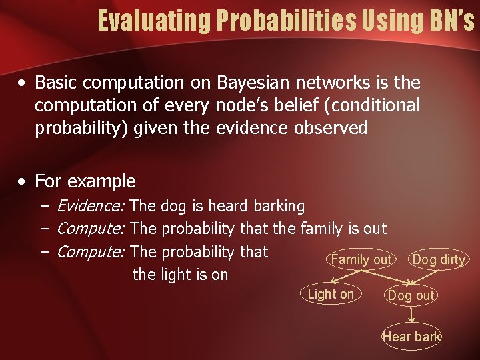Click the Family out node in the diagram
[x=361, y=259]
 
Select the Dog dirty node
[x=439, y=259]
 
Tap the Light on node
[x=331, y=294]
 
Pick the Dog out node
[x=411, y=295]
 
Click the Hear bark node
[x=411, y=337]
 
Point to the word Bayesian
[x=255, y=83]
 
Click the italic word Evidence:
[x=92, y=207]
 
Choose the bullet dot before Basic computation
[x=23, y=84]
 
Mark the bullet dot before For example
[x=23, y=182]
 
